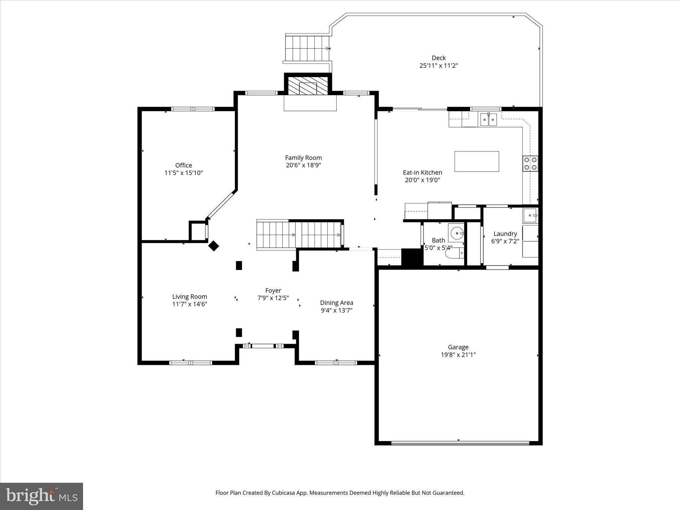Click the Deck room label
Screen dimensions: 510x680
click(x=439, y=58)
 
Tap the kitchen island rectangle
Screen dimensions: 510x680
click(x=476, y=161)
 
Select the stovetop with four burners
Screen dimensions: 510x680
click(x=530, y=163)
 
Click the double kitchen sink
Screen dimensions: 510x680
click(x=488, y=120)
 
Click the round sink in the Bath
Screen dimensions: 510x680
click(x=457, y=233)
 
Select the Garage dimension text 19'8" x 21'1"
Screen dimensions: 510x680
click(x=458, y=355)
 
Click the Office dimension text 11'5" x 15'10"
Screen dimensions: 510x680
click(x=184, y=173)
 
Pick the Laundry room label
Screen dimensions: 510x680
click(x=505, y=234)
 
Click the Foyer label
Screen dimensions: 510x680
click(x=273, y=291)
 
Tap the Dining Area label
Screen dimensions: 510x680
click(x=336, y=303)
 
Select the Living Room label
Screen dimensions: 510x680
click(x=190, y=297)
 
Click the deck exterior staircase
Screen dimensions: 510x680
click(x=307, y=48)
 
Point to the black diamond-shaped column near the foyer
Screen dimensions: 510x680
click(x=213, y=246)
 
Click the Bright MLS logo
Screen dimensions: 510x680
click(x=42, y=496)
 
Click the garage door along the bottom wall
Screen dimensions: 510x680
click(x=460, y=443)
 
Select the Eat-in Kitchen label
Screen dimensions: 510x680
click(x=422, y=173)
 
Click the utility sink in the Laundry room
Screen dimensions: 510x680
click(x=530, y=215)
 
